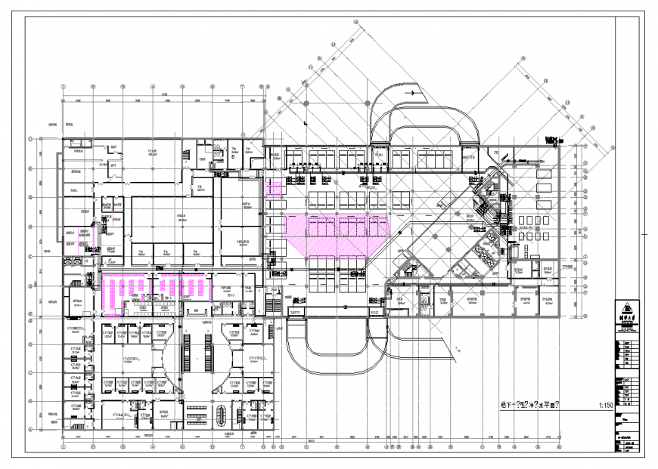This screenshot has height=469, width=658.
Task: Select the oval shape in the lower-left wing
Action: (221, 413)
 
